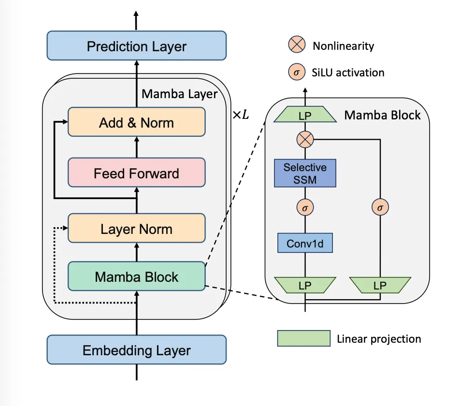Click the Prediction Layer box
(x=137, y=46)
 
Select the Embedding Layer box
(x=137, y=350)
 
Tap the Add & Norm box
(x=137, y=122)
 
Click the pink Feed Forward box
(x=137, y=173)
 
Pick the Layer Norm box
(x=137, y=229)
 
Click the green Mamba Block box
(x=137, y=276)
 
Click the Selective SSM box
(x=305, y=173)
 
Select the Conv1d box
(x=305, y=243)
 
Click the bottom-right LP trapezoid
(x=380, y=285)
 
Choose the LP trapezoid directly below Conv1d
(x=305, y=285)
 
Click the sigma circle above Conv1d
(x=305, y=207)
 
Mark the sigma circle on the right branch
(x=380, y=207)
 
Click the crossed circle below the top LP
(x=305, y=140)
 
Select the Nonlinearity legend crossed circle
(x=297, y=45)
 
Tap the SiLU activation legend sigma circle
(x=297, y=72)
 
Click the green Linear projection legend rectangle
(x=303, y=338)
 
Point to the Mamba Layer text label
(x=179, y=94)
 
